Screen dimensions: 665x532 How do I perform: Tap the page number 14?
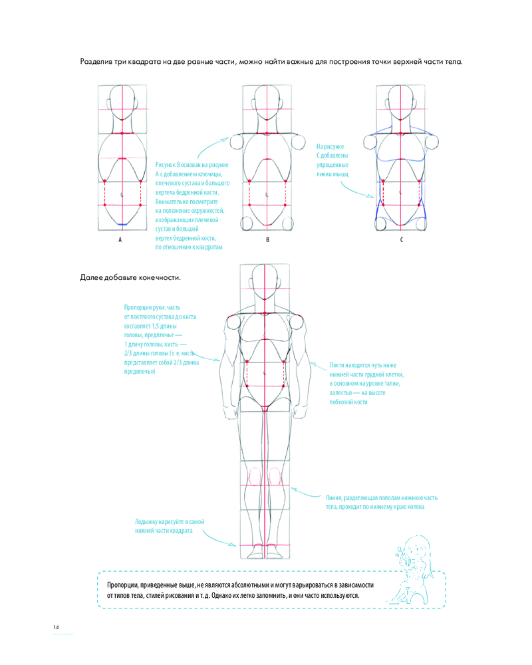click(57, 627)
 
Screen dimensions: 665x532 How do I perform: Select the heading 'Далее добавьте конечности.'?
click(130, 277)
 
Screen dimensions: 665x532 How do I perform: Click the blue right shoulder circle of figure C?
click(432, 141)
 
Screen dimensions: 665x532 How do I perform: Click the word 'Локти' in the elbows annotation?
click(338, 365)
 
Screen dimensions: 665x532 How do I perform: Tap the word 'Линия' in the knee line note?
click(335, 497)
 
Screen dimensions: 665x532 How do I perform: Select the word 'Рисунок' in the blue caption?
click(166, 165)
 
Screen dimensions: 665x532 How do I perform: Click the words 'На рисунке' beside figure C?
click(330, 146)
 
